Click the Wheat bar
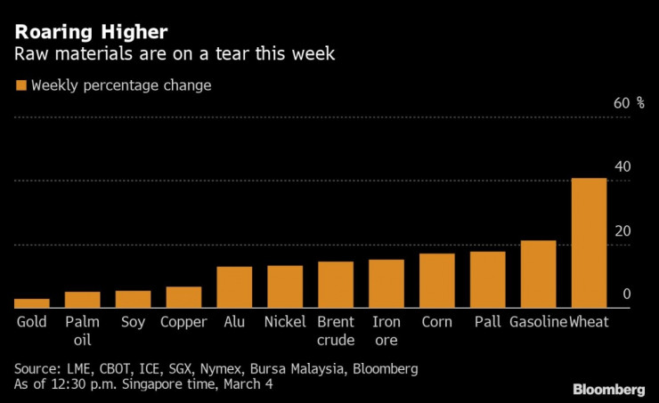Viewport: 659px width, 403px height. (589, 243)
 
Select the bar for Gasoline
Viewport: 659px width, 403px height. (538, 274)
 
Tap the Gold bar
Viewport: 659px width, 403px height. (31, 303)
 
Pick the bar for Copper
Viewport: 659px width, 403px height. (183, 297)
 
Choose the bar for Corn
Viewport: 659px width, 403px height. (436, 281)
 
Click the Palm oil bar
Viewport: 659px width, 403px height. (82, 300)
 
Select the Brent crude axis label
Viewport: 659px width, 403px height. (336, 330)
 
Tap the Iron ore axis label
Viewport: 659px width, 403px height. (386, 330)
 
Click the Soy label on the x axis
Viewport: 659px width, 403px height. (133, 322)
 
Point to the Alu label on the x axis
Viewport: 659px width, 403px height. (234, 322)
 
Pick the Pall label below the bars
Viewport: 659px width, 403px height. (488, 322)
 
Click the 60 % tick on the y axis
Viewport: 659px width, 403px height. (629, 103)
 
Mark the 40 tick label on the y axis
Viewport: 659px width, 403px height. (622, 167)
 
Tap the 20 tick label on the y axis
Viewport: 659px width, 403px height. (622, 231)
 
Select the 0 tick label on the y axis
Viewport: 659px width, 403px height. (627, 294)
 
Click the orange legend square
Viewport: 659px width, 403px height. (20, 86)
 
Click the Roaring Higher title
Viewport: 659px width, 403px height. (89, 33)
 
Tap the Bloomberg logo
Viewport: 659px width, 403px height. (608, 390)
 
